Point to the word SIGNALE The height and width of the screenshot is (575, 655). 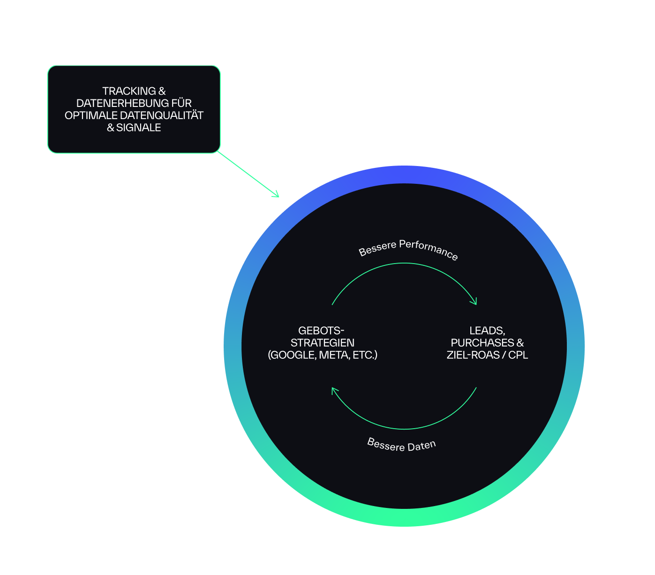(138, 128)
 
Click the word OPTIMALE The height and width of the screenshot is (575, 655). (91, 115)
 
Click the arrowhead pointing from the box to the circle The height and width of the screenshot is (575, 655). (276, 195)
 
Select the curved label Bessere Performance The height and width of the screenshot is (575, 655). (408, 249)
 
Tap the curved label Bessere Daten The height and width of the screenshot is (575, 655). (401, 445)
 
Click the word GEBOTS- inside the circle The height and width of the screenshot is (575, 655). (321, 331)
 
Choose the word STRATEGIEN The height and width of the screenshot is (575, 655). (323, 343)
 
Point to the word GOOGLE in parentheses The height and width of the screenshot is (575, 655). (293, 355)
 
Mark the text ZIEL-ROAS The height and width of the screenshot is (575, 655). (473, 355)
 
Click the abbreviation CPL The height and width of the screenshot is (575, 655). (518, 355)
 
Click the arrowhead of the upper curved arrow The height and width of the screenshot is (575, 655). (474, 302)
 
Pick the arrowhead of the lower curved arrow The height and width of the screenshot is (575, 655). (334, 391)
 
